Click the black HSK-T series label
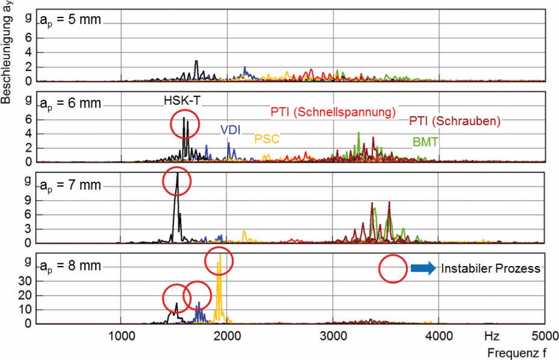(185, 101)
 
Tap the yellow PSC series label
(267, 139)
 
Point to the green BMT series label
(426, 142)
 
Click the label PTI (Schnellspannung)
(333, 113)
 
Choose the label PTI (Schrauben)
(455, 121)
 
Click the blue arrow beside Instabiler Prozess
(423, 268)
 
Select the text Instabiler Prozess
(491, 268)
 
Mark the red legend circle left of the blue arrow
(393, 268)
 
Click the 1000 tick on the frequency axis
(121, 334)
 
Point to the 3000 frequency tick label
(332, 334)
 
